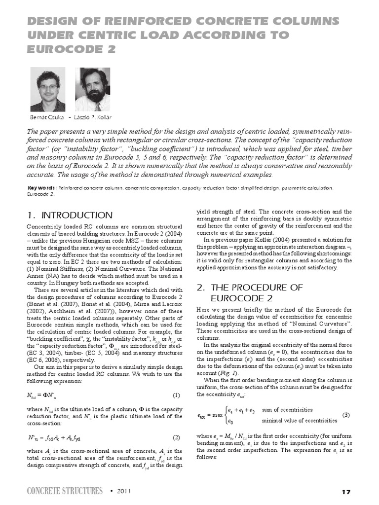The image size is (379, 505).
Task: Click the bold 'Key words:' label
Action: pos(41,188)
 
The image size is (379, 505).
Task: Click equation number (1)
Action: pos(176,395)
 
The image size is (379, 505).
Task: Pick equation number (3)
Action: pos(346,415)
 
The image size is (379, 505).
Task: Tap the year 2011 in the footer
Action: pos(125,492)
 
